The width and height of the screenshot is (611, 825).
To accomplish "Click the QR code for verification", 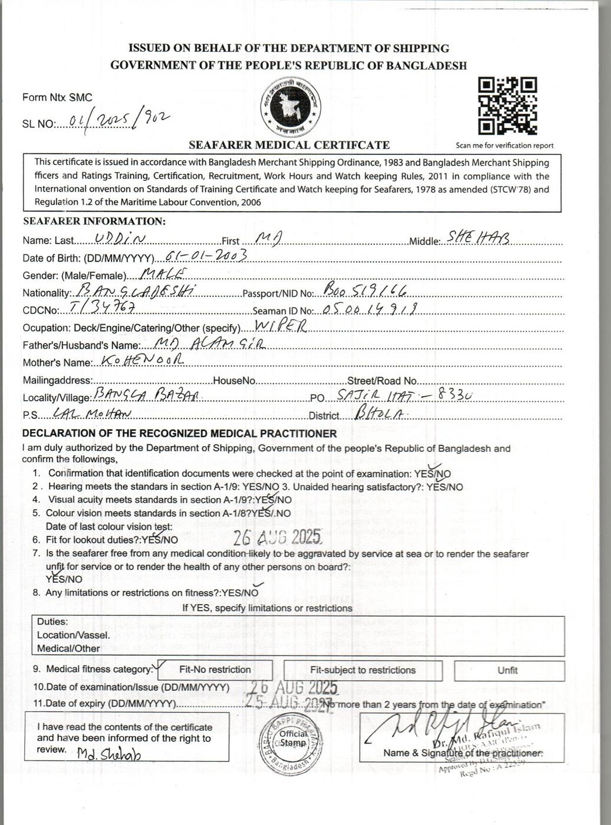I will [507, 107].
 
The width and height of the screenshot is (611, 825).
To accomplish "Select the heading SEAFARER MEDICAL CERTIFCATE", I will [289, 145].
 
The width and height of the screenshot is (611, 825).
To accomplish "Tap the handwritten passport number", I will [366, 289].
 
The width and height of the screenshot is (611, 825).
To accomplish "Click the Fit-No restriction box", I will [215, 670].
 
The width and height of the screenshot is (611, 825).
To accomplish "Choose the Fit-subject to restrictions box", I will [363, 670].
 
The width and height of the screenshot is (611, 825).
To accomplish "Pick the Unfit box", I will [507, 671].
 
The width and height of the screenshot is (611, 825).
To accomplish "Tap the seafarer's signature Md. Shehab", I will [109, 755].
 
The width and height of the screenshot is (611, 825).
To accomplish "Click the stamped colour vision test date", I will [277, 537].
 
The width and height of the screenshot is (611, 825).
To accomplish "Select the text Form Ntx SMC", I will [57, 98].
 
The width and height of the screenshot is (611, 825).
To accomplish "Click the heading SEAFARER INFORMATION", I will [94, 222].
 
